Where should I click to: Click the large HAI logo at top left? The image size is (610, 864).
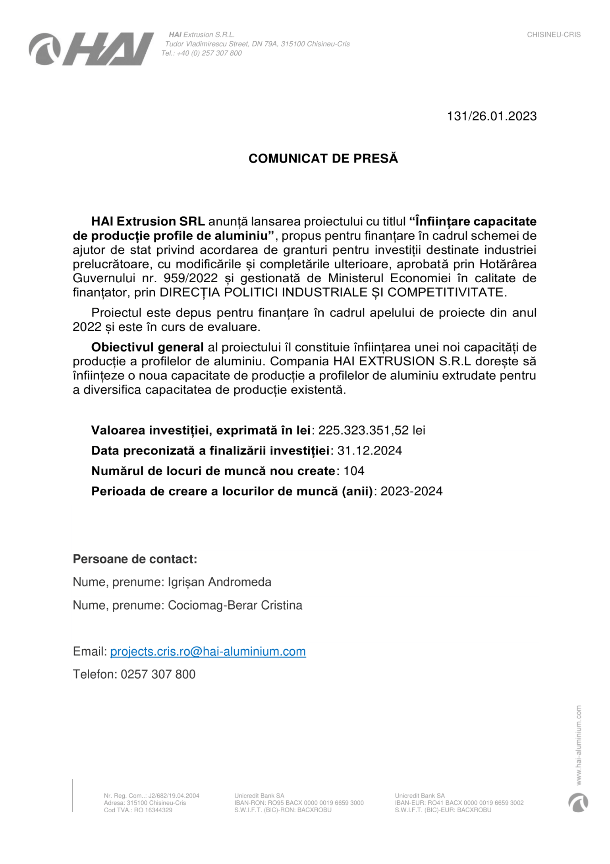(x=91, y=49)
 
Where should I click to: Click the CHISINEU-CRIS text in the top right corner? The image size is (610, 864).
(x=554, y=35)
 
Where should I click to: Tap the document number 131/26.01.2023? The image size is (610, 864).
(x=492, y=116)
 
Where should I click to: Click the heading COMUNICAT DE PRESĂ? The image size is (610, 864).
(x=323, y=158)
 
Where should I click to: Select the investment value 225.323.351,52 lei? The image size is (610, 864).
(x=372, y=430)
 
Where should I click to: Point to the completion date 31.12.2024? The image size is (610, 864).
(x=369, y=450)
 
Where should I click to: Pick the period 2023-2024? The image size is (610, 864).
(x=411, y=491)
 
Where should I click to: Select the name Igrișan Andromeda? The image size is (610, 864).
(x=219, y=582)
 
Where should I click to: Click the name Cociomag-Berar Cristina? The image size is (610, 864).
(x=235, y=606)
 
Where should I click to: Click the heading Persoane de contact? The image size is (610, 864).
(x=135, y=559)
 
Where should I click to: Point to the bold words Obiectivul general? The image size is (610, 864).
(x=147, y=347)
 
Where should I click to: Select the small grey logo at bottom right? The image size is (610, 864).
(x=578, y=803)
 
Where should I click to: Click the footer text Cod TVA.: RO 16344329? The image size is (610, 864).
(x=138, y=810)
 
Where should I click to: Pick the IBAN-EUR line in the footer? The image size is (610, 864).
(x=459, y=803)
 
